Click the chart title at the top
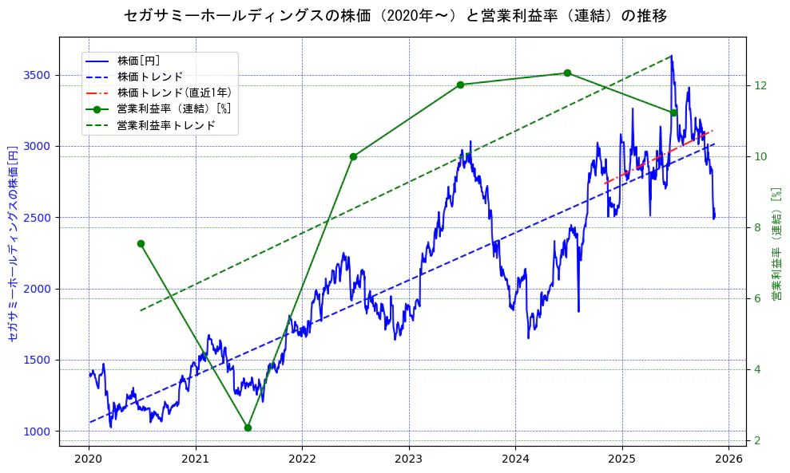395,16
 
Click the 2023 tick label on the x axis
408,459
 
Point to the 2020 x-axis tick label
89,459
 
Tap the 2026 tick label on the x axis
728,459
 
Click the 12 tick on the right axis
760,85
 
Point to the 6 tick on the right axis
758,298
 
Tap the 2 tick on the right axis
758,440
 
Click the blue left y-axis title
12,243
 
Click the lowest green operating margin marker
248,428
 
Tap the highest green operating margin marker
567,73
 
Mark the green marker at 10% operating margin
353,156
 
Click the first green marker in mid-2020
141,243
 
